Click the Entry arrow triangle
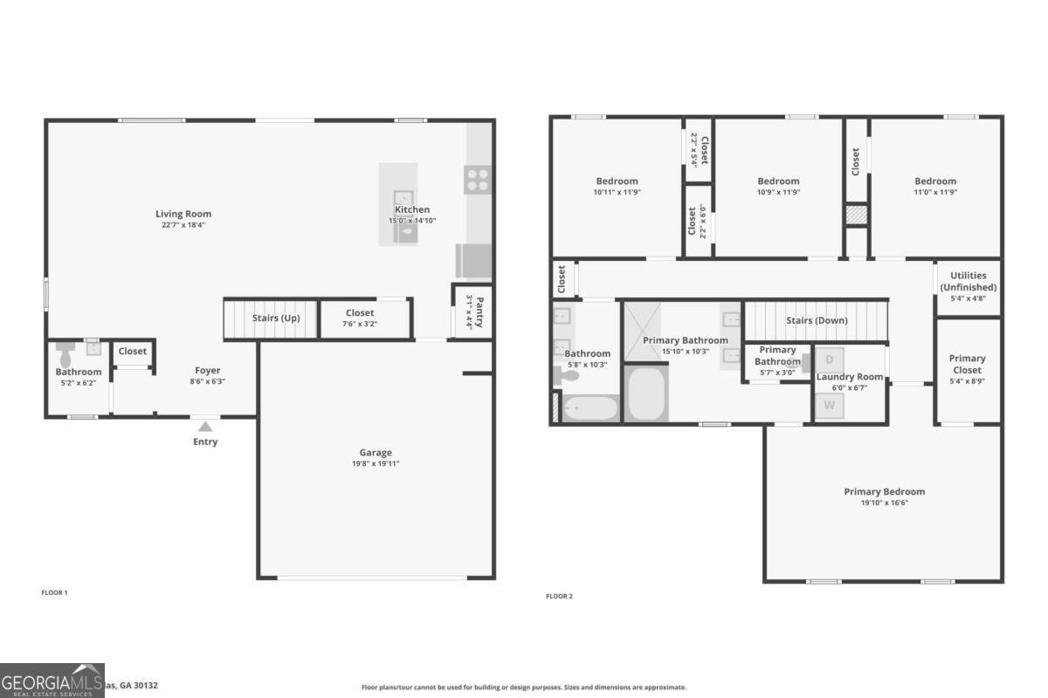click(205, 427)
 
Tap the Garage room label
click(376, 452)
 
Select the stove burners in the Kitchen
click(478, 180)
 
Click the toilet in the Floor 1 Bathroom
click(65, 354)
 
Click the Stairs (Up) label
click(276, 318)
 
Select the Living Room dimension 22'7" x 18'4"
click(183, 225)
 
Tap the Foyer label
click(208, 371)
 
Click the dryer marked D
click(830, 359)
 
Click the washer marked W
click(830, 406)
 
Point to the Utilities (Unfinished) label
click(968, 281)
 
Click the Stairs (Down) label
click(817, 320)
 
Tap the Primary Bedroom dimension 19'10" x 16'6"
click(884, 503)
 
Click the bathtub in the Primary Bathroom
click(647, 394)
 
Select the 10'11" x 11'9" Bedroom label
click(617, 181)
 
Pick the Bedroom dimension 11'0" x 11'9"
click(935, 192)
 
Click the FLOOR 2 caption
click(559, 597)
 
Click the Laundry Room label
click(849, 377)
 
